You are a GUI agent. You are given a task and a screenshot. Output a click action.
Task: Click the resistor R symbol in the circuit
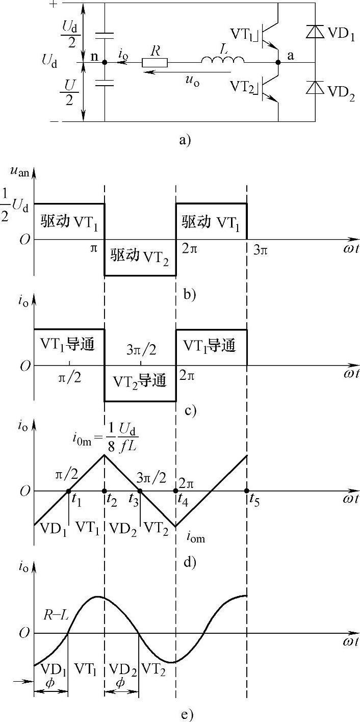coord(155,63)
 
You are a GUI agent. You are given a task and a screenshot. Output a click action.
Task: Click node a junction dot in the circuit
coord(278,63)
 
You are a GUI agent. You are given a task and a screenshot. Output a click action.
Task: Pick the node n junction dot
coord(105,63)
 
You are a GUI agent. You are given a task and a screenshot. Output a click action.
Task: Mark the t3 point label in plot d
coord(133,500)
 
